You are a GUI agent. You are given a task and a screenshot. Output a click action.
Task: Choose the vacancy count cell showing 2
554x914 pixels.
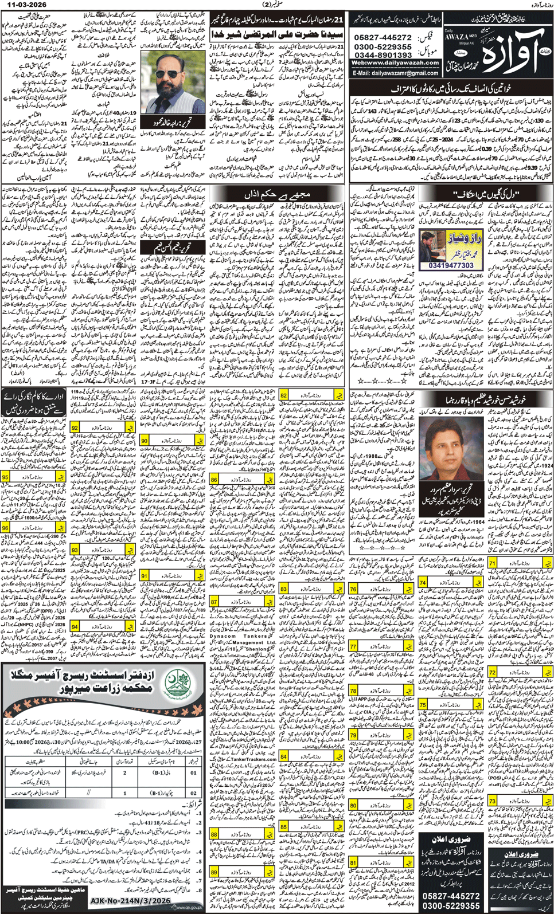click(125, 772)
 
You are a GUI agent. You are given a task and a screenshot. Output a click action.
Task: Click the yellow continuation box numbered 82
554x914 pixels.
click(284, 395)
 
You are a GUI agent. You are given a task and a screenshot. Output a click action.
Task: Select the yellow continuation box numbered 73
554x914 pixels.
click(492, 801)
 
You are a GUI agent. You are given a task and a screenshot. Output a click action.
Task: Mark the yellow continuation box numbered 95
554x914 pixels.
click(5, 477)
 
